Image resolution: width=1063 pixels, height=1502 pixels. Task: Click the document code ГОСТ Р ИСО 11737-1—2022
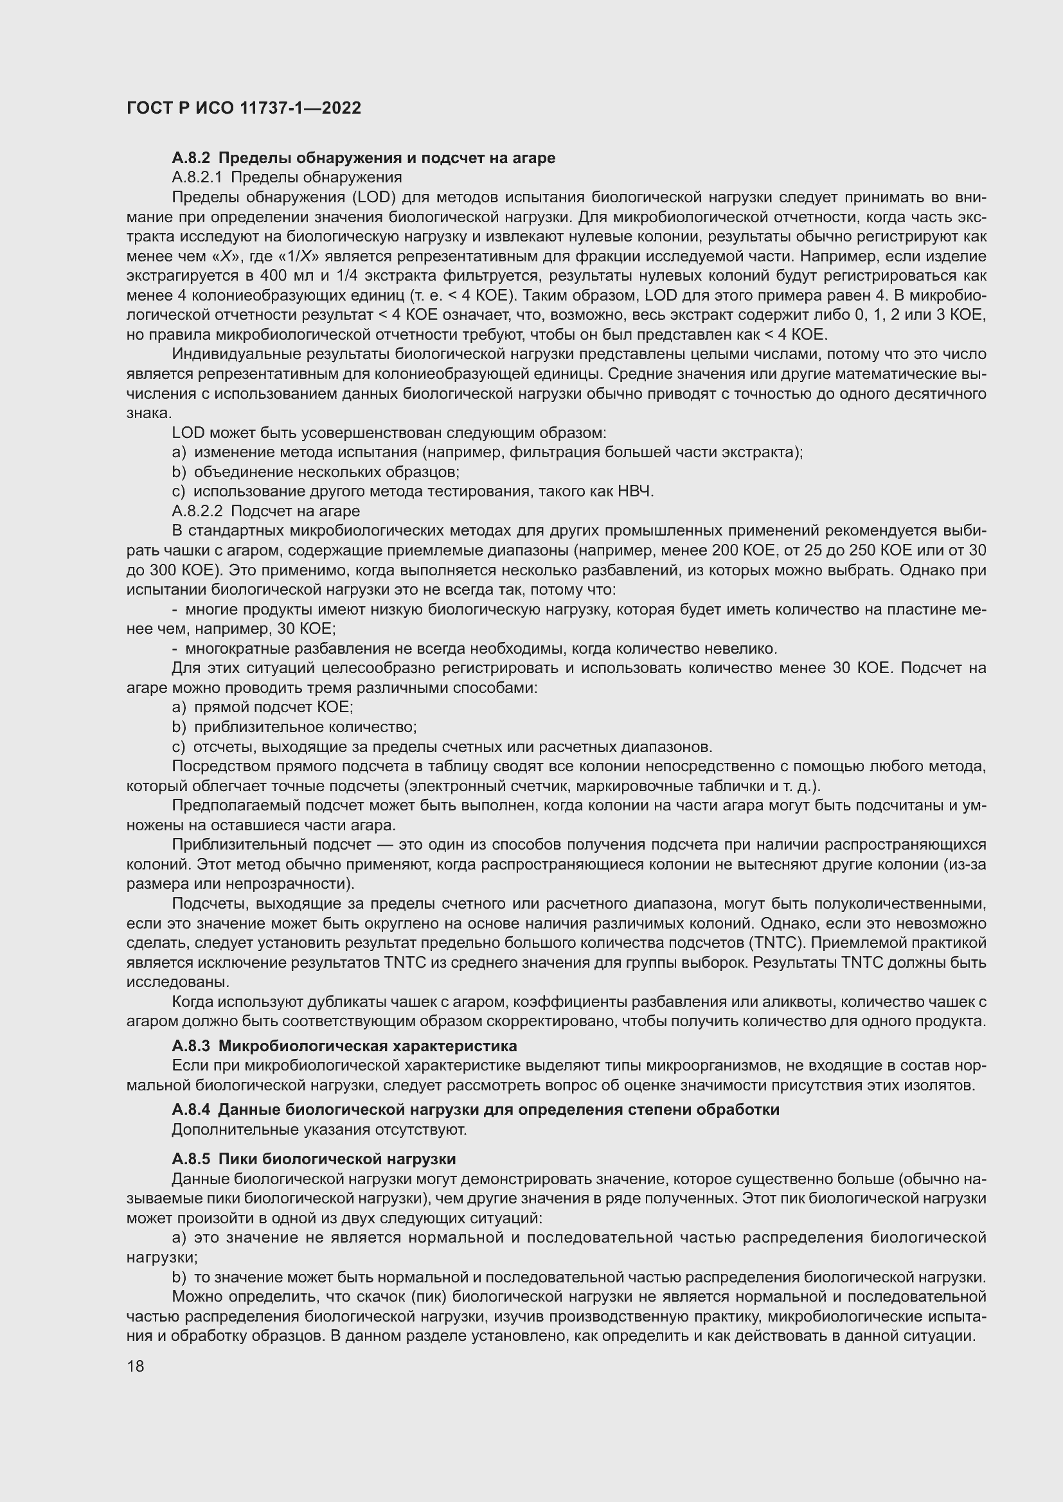click(x=244, y=109)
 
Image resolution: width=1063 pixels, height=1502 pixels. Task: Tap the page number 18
click(x=135, y=1366)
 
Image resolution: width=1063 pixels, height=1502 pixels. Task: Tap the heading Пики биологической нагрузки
click(x=337, y=1159)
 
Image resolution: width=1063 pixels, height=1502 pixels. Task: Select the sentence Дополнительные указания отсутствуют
click(x=319, y=1129)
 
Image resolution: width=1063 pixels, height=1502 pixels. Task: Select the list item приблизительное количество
click(x=305, y=727)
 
